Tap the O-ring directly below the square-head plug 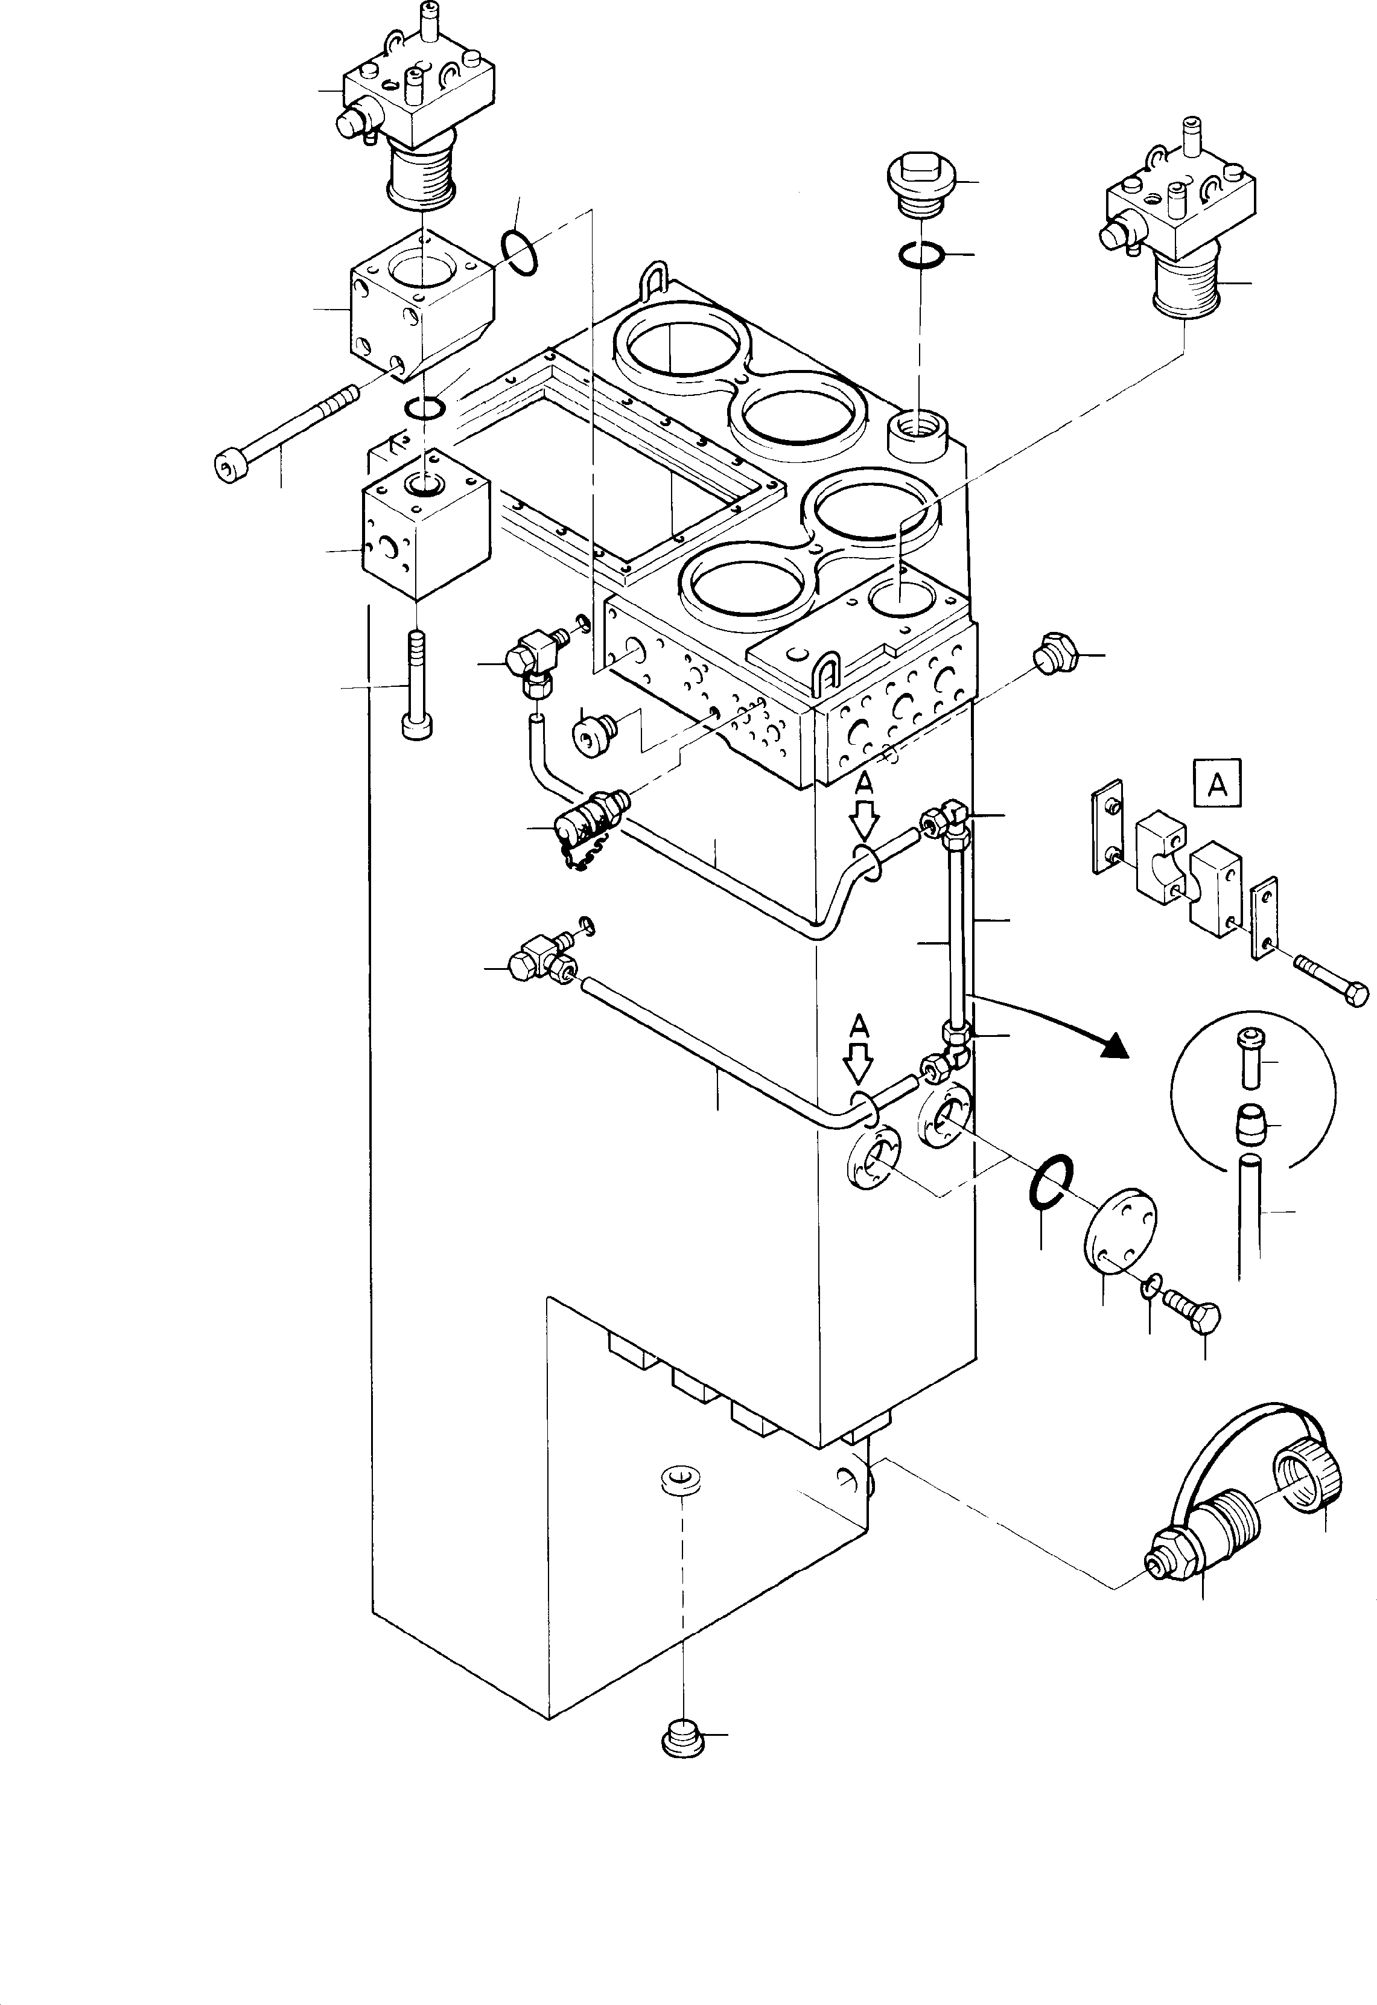(x=921, y=255)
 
